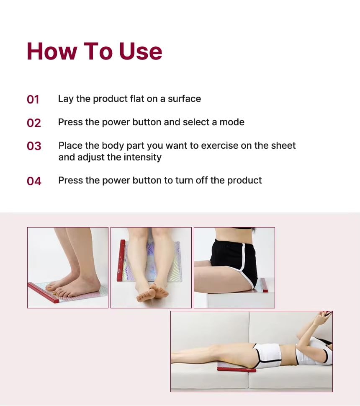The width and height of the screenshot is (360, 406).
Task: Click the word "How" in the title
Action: point(52,51)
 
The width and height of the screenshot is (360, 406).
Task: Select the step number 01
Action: point(33,99)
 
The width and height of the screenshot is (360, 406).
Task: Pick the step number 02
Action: point(33,123)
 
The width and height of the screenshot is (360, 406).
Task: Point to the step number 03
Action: point(34,146)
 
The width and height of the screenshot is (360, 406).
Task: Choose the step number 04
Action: point(34,181)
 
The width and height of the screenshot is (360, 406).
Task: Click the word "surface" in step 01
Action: point(185,98)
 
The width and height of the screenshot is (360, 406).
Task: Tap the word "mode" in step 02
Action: point(232,122)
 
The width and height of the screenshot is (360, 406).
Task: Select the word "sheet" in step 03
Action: point(283,145)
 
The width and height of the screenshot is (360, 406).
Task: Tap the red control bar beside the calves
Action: point(121,261)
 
